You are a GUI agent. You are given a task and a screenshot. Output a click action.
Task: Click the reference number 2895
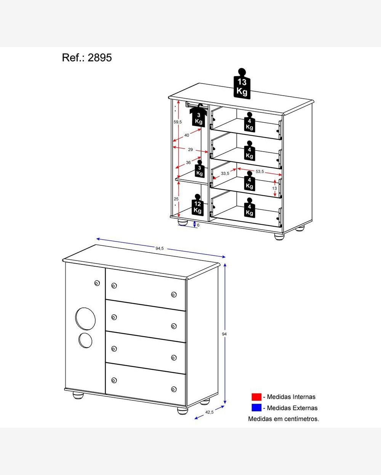100,58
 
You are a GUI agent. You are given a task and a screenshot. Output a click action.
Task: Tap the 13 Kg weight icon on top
242,84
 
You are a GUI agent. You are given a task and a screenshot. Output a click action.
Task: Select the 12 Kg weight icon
198,205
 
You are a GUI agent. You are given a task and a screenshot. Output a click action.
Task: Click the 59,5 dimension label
178,122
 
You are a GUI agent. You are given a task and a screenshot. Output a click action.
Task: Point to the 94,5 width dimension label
160,248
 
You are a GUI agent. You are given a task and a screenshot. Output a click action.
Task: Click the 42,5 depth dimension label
209,412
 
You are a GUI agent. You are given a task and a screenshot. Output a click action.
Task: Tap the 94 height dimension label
224,334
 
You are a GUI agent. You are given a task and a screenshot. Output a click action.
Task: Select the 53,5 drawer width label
259,171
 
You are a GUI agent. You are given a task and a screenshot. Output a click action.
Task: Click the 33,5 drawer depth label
225,173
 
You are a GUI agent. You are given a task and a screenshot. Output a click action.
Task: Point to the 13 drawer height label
274,188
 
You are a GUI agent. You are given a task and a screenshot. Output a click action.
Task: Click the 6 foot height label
198,225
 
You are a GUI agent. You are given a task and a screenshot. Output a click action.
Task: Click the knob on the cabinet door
97,283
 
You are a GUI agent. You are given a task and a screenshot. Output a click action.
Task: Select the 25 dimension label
176,199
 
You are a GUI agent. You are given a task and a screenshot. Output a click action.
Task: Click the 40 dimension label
187,135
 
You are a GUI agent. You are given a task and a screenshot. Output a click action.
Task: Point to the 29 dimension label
190,150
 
